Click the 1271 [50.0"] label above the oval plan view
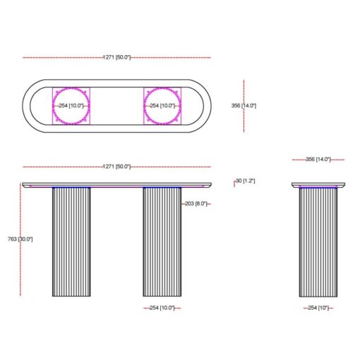[116, 56]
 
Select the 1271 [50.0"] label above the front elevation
[116, 167]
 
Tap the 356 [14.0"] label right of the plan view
[244, 106]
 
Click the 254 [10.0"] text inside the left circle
[71, 106]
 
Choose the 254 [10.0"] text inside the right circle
[162, 106]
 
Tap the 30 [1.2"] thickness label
[246, 181]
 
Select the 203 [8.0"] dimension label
[195, 203]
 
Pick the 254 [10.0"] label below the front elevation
[162, 308]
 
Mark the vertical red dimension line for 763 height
[20, 212]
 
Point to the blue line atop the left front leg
[71, 188]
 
